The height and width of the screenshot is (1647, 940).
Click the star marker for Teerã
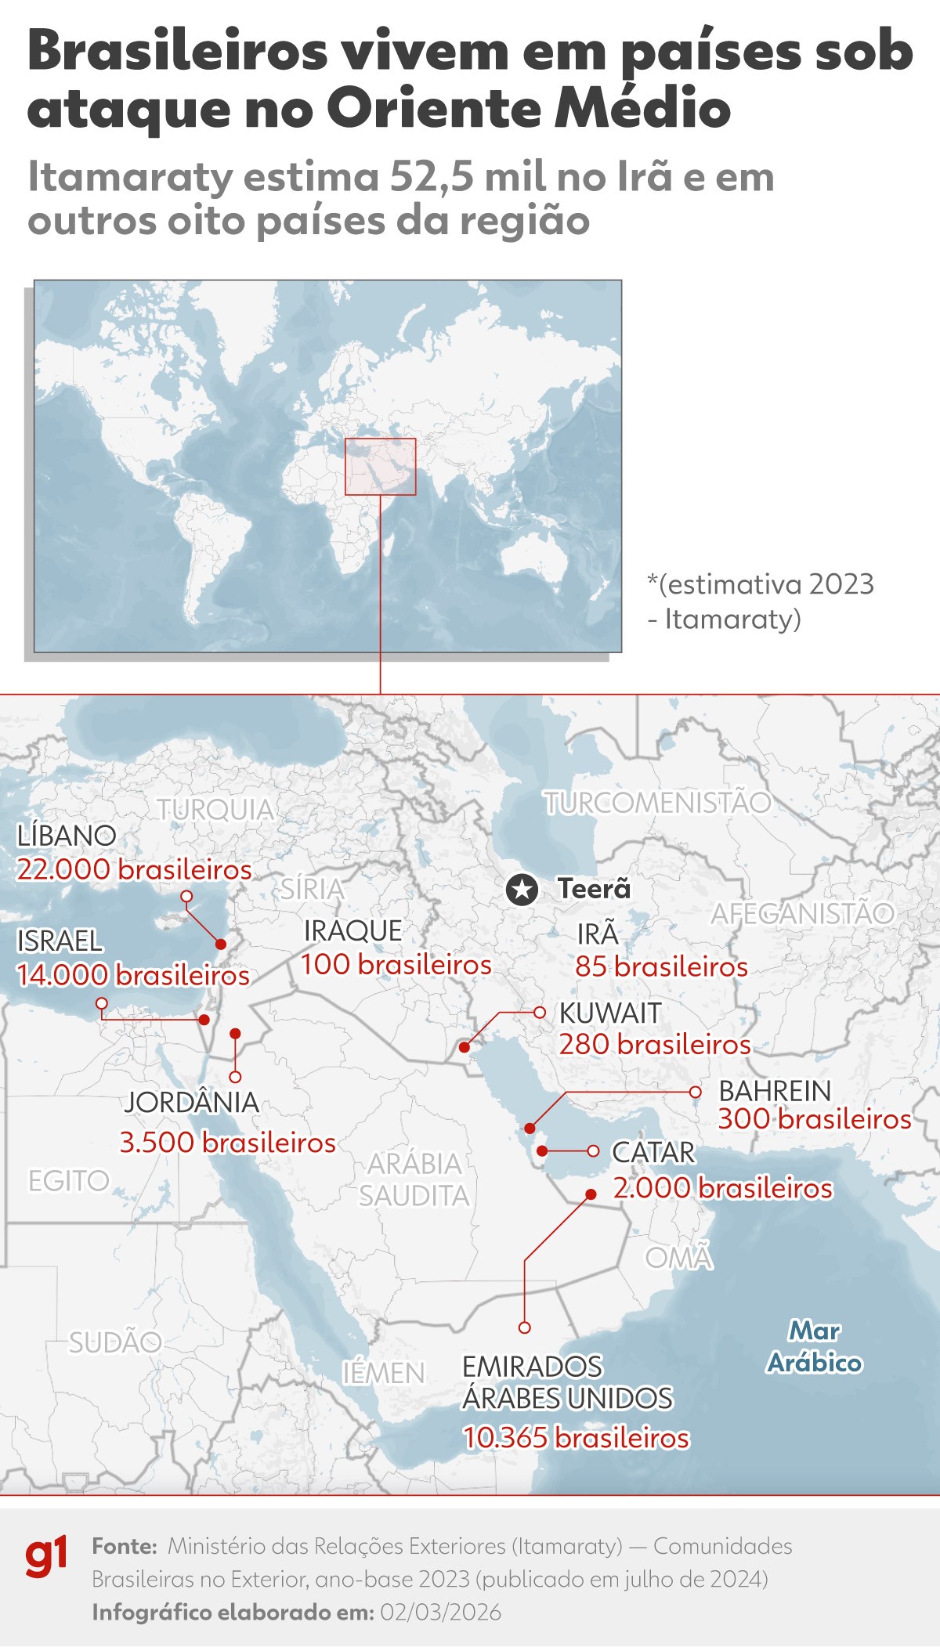(522, 889)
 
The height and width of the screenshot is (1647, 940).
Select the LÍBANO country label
(67, 836)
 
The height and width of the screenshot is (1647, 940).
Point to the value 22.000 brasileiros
(134, 869)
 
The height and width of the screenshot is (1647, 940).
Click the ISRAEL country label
(60, 941)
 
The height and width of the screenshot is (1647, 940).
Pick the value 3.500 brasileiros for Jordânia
(227, 1143)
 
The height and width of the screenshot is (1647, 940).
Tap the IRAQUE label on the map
(352, 931)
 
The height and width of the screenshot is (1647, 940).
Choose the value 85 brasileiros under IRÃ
(661, 967)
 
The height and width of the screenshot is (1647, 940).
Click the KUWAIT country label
(610, 1013)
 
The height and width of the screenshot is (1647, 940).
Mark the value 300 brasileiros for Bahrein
(815, 1119)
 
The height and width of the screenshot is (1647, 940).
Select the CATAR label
(653, 1153)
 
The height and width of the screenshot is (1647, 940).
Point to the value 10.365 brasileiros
(576, 1438)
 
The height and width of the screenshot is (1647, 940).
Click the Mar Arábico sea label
(815, 1347)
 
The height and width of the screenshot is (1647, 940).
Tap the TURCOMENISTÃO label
(658, 803)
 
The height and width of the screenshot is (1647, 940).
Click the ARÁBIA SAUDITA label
(414, 1179)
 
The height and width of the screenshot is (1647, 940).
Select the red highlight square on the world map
(380, 467)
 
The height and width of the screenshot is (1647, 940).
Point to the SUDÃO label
(115, 1342)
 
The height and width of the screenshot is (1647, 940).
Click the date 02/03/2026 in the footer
(440, 1613)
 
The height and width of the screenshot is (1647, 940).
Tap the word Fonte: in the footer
(125, 1546)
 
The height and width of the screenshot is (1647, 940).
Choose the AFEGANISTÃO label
(802, 913)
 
